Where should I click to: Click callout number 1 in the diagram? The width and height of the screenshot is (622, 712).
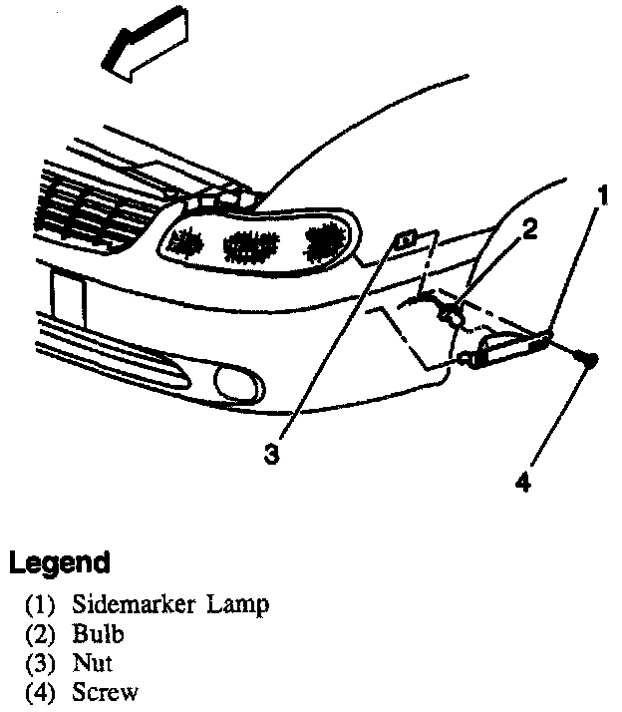tap(602, 193)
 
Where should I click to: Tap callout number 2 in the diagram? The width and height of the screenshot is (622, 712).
tap(529, 229)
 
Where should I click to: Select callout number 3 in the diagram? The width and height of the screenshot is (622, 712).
tap(271, 455)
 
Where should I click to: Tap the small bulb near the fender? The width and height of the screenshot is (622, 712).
tap(451, 317)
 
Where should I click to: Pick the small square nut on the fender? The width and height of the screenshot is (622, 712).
tap(407, 240)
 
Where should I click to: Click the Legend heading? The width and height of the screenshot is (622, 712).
tap(59, 563)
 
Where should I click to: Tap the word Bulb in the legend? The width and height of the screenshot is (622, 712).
tap(97, 634)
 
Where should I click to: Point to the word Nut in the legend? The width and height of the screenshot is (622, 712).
tap(92, 663)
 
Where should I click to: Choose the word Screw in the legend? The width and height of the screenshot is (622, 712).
tap(104, 692)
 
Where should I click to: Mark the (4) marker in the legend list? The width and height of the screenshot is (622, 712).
tap(41, 692)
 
